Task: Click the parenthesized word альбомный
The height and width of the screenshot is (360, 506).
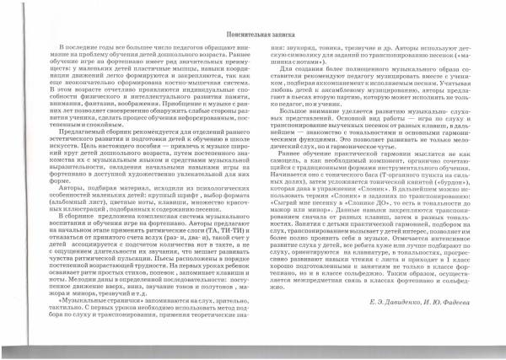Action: click(84, 208)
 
